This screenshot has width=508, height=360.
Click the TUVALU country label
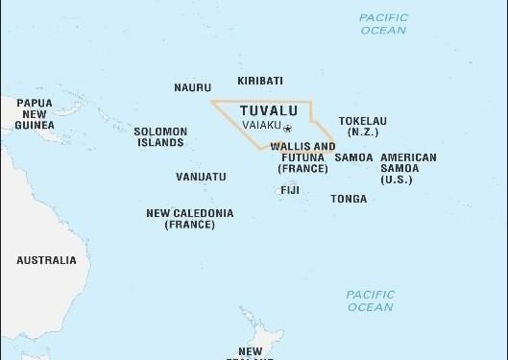(x=262, y=109)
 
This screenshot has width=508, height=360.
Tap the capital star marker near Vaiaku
(x=286, y=128)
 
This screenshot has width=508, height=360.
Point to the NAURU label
(x=192, y=87)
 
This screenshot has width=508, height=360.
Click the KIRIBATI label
(x=260, y=82)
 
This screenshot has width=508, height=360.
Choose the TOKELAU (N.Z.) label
(x=363, y=126)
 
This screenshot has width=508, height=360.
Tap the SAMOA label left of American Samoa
(x=353, y=157)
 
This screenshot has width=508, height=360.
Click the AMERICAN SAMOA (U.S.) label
(x=408, y=168)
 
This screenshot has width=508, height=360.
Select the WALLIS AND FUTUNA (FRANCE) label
(x=303, y=157)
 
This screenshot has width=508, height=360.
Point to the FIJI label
(x=290, y=190)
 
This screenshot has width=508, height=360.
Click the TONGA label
(x=348, y=200)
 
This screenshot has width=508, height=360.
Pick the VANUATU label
(x=201, y=177)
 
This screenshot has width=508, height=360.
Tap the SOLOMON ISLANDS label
(x=158, y=137)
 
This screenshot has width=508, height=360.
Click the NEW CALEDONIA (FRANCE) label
(x=189, y=218)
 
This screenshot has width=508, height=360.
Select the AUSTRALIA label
(x=46, y=260)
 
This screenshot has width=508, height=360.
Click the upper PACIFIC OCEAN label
(x=383, y=24)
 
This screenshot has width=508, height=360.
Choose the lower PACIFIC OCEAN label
(x=371, y=300)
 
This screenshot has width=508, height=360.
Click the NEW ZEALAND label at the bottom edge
(x=251, y=352)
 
